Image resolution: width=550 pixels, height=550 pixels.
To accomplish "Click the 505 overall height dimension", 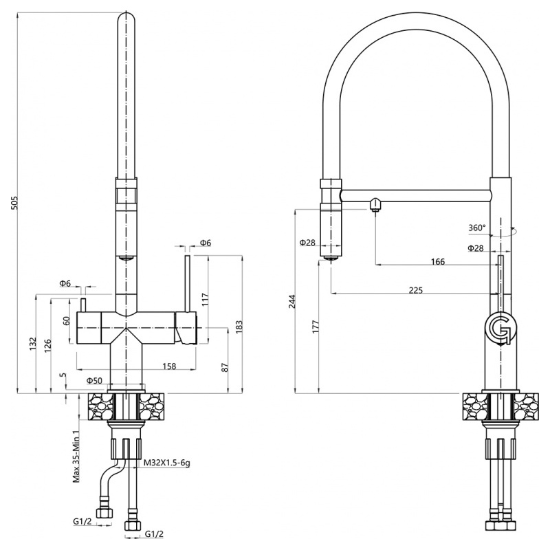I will pos(15,202).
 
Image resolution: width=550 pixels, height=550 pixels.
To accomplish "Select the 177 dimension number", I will pos(315,325).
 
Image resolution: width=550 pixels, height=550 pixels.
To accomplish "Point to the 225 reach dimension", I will pos(415,290).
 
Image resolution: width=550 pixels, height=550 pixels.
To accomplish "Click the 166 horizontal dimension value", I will pos(438,261).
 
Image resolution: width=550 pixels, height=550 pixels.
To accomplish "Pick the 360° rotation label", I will pos(476,228).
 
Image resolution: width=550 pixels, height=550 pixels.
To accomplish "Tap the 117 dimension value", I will pos(203,299).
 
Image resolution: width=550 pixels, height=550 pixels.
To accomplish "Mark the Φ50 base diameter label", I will pos(94,380).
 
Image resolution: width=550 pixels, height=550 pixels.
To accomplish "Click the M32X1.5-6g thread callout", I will pos(167,463).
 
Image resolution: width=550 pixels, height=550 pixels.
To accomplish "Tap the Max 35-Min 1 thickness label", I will pos(77,452).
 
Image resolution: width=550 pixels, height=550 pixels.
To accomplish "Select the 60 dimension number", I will pos(67,321).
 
